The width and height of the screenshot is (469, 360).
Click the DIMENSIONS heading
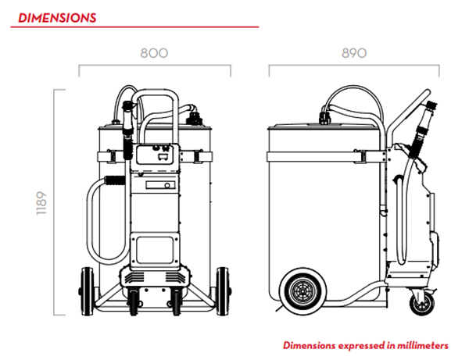point(57,18)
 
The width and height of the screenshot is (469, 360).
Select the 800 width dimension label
point(154,53)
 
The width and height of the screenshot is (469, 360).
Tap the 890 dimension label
point(354,53)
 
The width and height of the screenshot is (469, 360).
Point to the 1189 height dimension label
point(41,203)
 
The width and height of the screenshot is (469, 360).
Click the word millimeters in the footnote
point(423,345)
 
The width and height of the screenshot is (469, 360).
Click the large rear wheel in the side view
point(303,290)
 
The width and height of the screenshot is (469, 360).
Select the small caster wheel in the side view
point(422,304)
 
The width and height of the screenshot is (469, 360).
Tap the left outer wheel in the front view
point(87,291)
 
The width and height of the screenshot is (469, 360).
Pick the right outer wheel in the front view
point(223,291)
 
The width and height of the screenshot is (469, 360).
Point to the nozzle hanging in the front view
point(128,129)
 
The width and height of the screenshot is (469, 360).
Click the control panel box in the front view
point(159,155)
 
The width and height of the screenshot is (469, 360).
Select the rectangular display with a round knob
point(160,185)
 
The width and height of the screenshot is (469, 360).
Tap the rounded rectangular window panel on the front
point(155,250)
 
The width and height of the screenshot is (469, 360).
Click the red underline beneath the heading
point(134,27)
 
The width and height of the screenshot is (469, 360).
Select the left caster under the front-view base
point(134,301)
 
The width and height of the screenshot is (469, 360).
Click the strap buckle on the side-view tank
point(360,156)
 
